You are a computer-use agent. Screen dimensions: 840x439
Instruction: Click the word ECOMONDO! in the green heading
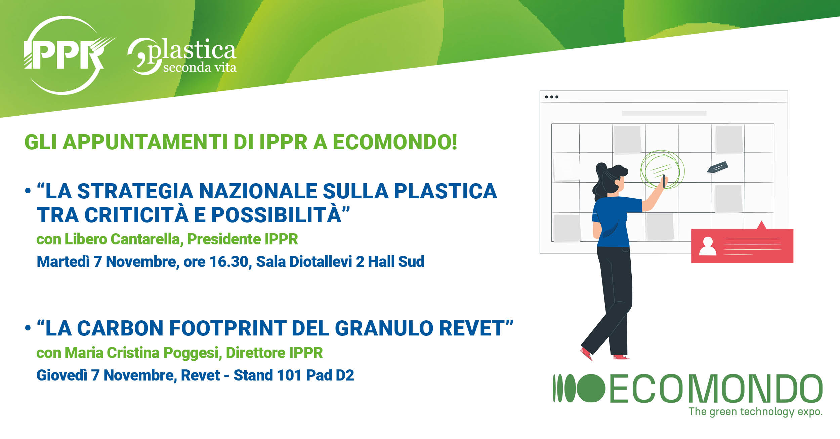pos(395,142)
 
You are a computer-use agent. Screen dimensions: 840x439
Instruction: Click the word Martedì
pos(63,262)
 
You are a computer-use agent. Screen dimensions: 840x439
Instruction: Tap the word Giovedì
pos(61,375)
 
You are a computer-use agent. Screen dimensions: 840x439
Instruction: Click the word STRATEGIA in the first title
pos(135,191)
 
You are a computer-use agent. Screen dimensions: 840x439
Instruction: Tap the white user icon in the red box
pos(707,246)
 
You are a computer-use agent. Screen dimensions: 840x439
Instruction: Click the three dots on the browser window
pos(551,97)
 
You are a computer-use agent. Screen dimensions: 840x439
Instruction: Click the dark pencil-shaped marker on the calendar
pos(718,167)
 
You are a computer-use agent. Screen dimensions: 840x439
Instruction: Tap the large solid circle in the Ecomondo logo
pos(591,388)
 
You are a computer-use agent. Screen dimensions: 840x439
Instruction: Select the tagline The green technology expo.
pos(756,412)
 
